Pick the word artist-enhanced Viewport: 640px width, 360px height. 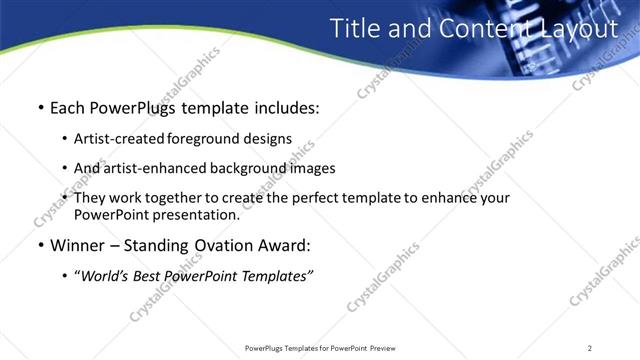154,168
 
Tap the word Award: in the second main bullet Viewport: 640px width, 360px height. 287,245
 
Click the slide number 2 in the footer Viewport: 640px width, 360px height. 590,348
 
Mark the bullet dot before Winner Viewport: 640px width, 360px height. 39,246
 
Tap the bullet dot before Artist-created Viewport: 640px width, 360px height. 65,140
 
